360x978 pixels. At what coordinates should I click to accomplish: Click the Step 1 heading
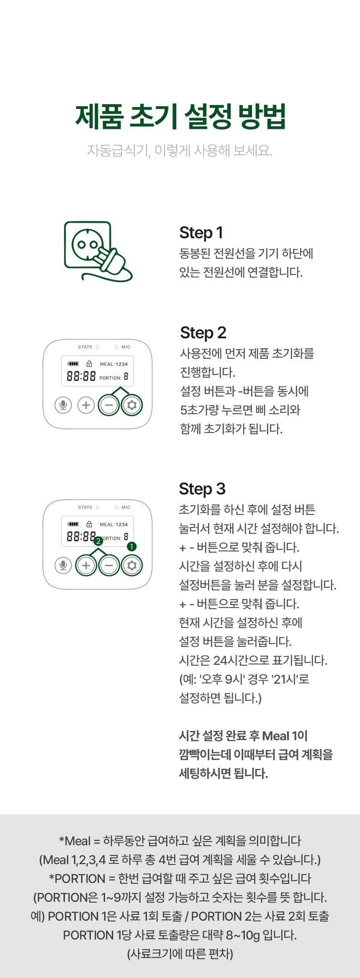tap(201, 233)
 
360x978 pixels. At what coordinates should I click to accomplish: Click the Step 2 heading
tap(203, 333)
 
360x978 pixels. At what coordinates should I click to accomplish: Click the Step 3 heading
tap(202, 489)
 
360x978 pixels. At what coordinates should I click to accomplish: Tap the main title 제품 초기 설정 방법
tap(180, 116)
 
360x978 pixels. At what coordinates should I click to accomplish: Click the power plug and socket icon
tap(98, 251)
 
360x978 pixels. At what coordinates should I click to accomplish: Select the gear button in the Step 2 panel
tap(132, 405)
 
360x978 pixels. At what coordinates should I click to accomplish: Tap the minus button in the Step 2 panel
tap(109, 405)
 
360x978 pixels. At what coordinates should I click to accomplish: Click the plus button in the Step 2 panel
tap(86, 405)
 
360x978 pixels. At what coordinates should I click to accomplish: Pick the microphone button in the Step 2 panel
tap(63, 405)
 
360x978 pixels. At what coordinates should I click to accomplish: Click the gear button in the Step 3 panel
tap(132, 566)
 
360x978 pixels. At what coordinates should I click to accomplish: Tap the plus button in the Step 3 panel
tap(86, 566)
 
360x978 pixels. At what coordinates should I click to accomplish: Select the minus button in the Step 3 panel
tap(109, 566)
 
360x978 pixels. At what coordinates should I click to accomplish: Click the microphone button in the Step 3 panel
tap(63, 566)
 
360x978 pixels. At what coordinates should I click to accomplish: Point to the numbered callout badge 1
tap(132, 546)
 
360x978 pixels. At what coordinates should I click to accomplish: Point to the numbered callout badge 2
tap(98, 541)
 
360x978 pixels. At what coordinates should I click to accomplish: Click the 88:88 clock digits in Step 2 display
tap(81, 376)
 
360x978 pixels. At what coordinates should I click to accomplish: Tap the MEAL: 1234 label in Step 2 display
tap(114, 364)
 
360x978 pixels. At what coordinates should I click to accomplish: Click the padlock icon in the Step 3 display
tap(89, 524)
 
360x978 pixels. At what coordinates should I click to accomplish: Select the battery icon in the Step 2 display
tap(73, 364)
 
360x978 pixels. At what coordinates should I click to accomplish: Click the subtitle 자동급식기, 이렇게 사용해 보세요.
tap(180, 151)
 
